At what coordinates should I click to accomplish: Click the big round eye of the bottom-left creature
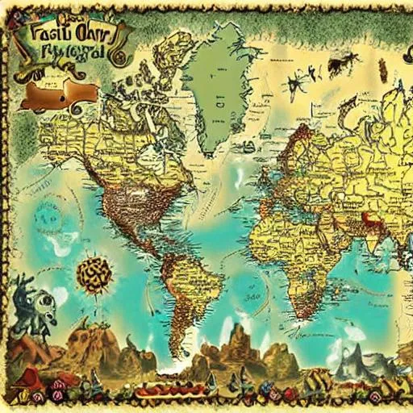pos(39,298)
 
